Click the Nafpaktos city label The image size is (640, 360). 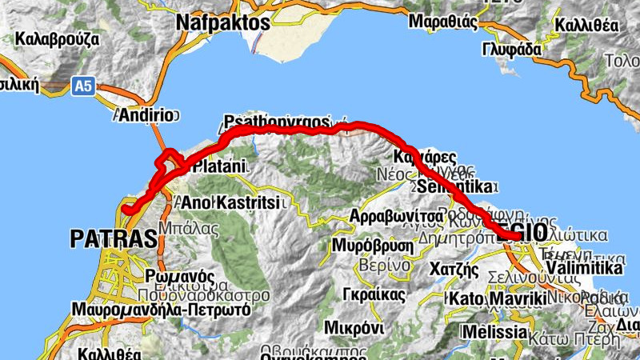(x=222, y=22)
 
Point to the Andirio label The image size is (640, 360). (x=145, y=115)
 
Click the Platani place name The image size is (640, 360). (x=220, y=168)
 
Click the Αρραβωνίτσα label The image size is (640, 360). (x=396, y=217)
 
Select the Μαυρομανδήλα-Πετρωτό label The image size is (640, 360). (x=161, y=308)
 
